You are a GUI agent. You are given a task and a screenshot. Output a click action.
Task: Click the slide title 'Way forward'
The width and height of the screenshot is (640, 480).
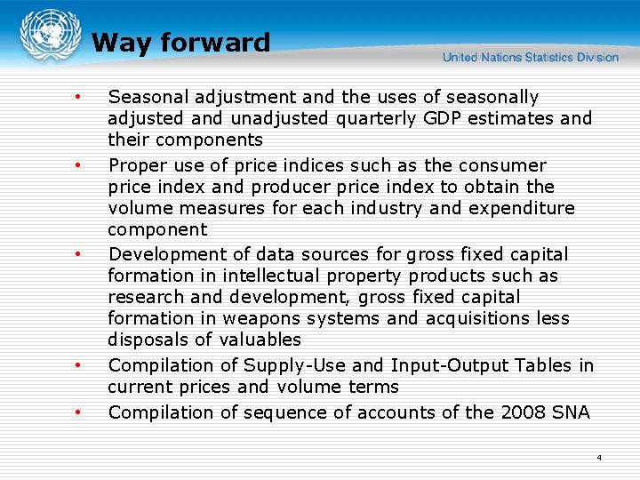click(x=180, y=43)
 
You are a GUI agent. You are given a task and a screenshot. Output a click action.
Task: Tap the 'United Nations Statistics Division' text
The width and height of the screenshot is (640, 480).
click(x=531, y=57)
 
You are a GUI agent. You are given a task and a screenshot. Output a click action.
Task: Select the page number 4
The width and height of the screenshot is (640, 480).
click(x=598, y=458)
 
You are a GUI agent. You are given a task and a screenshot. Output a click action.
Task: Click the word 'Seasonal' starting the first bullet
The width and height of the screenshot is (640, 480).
click(x=146, y=97)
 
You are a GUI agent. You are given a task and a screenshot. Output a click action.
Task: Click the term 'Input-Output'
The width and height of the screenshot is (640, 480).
click(x=440, y=365)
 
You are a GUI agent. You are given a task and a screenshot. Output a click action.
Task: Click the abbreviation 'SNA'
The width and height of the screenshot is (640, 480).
click(x=570, y=412)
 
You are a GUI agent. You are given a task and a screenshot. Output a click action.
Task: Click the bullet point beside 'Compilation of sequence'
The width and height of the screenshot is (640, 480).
click(x=79, y=412)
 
